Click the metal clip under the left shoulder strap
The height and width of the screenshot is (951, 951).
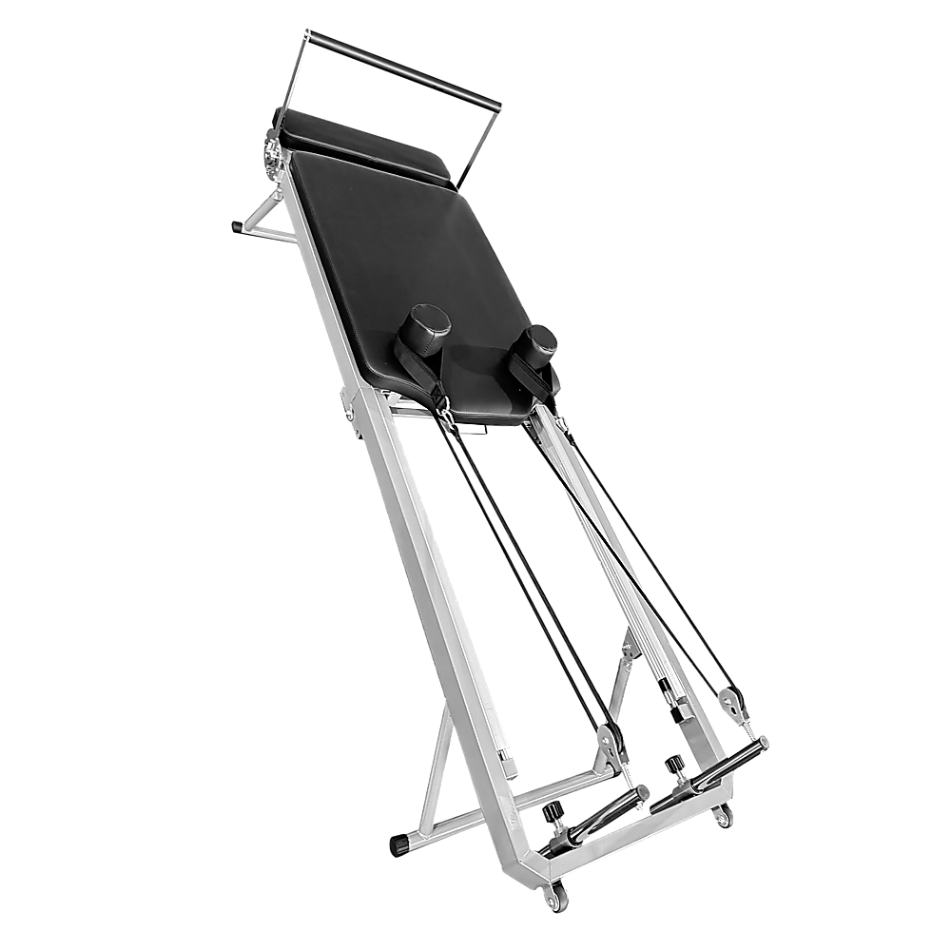(x=443, y=409)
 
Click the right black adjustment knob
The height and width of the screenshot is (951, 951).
(x=676, y=763)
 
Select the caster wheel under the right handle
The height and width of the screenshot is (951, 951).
(x=725, y=816)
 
